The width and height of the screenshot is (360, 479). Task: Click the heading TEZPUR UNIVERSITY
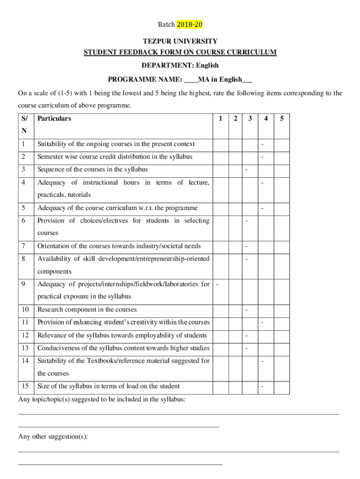click(x=180, y=42)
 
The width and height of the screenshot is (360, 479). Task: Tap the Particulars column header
click(x=54, y=119)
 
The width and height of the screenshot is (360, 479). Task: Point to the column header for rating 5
click(x=281, y=119)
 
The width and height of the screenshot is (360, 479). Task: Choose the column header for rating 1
click(x=220, y=119)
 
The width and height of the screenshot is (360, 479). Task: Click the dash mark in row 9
click(x=217, y=283)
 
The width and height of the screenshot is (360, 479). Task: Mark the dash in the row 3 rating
click(x=246, y=169)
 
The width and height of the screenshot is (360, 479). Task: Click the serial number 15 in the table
click(x=24, y=386)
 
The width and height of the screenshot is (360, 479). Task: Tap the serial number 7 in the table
click(x=23, y=246)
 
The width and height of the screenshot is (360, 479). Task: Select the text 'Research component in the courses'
click(x=87, y=310)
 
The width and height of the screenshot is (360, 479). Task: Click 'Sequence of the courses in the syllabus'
click(x=93, y=169)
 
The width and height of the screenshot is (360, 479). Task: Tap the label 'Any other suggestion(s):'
click(x=53, y=436)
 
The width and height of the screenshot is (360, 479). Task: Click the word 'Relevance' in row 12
click(x=52, y=335)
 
